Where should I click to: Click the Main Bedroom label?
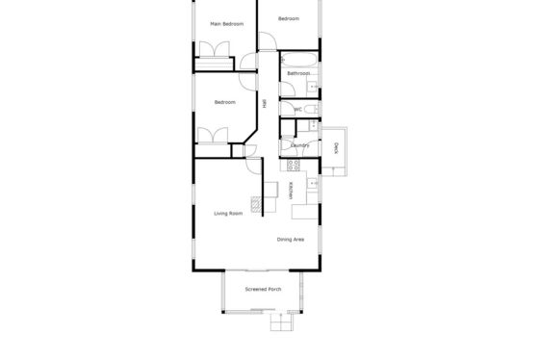coord(227,24)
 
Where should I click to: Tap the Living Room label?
coord(228,214)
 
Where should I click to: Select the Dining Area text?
coord(291,240)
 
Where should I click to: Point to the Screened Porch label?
coord(263,289)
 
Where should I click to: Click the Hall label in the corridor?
coord(265,104)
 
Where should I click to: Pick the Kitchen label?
coord(291,191)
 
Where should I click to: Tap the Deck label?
coord(336,148)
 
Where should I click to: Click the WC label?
coord(298,110)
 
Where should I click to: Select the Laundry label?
coord(300,145)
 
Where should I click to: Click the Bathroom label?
coord(298,73)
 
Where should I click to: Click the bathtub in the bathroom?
coord(299,60)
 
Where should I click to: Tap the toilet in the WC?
coord(312,110)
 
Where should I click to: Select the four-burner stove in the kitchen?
coord(294,166)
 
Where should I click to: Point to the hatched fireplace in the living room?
coord(256,204)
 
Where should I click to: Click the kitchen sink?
coord(313,184)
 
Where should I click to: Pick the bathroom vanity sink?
coord(312,87)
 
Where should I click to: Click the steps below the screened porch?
coord(282,322)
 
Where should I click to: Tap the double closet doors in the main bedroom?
coord(215,49)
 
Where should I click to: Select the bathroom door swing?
coord(288,90)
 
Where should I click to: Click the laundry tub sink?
coord(313,125)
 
